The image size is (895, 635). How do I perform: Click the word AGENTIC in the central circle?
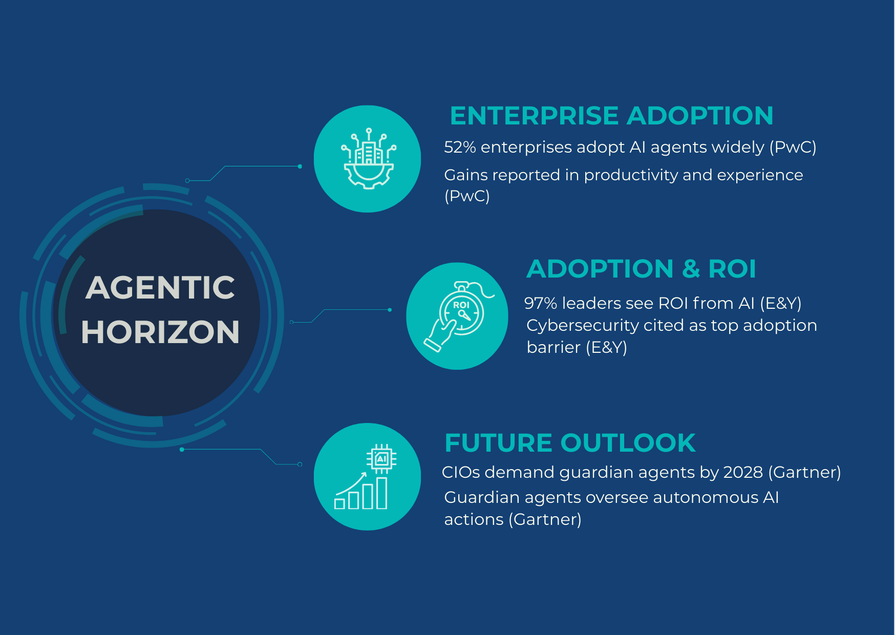click(x=160, y=288)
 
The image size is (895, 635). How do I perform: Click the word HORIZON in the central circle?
click(x=160, y=332)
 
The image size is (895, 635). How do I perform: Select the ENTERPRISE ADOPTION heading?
click(x=611, y=116)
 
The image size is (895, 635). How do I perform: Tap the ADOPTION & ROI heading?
click(x=641, y=269)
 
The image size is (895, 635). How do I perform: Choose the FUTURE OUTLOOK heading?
click(x=570, y=443)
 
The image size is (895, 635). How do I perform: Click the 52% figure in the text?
click(x=460, y=147)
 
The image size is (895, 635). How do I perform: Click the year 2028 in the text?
click(x=743, y=472)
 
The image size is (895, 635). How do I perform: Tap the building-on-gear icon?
click(x=368, y=159)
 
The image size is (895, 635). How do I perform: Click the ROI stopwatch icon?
click(x=461, y=309)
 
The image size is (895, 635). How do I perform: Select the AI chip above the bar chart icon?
click(x=381, y=459)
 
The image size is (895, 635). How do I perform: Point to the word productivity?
click(x=630, y=176)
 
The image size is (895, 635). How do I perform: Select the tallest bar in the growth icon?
click(x=382, y=493)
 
